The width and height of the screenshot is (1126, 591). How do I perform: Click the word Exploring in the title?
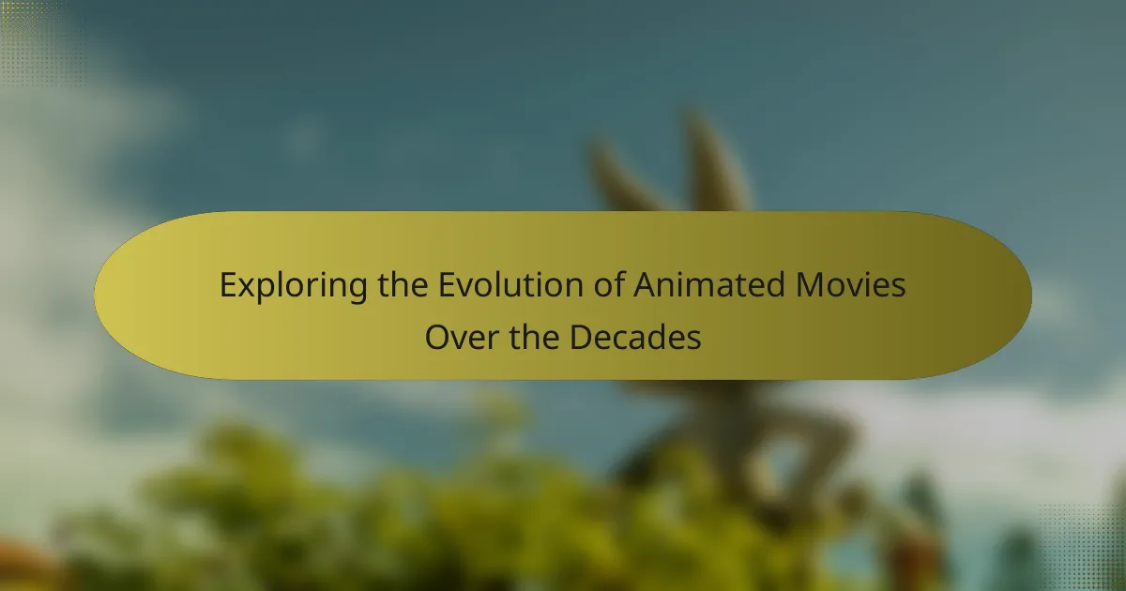click(x=294, y=286)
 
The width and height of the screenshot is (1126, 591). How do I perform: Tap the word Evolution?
click(x=510, y=285)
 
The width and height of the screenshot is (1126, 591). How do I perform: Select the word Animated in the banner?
click(x=708, y=284)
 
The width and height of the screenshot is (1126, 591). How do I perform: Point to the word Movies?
click(x=850, y=285)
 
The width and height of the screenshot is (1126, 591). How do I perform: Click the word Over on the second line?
click(x=462, y=337)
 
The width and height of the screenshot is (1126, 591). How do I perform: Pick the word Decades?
click(x=635, y=337)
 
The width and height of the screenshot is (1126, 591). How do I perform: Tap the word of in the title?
click(x=608, y=284)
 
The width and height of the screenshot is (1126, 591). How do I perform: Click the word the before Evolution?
click(x=403, y=284)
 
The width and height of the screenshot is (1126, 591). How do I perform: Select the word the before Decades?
click(x=534, y=337)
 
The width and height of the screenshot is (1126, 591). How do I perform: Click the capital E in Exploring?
click(x=229, y=285)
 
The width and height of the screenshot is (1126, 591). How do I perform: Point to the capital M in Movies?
click(x=812, y=285)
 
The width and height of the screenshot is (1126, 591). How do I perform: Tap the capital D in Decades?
click(x=581, y=337)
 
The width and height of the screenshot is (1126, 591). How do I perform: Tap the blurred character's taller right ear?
click(x=714, y=160)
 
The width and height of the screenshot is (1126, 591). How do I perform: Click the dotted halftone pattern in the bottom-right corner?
click(x=1081, y=548)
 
